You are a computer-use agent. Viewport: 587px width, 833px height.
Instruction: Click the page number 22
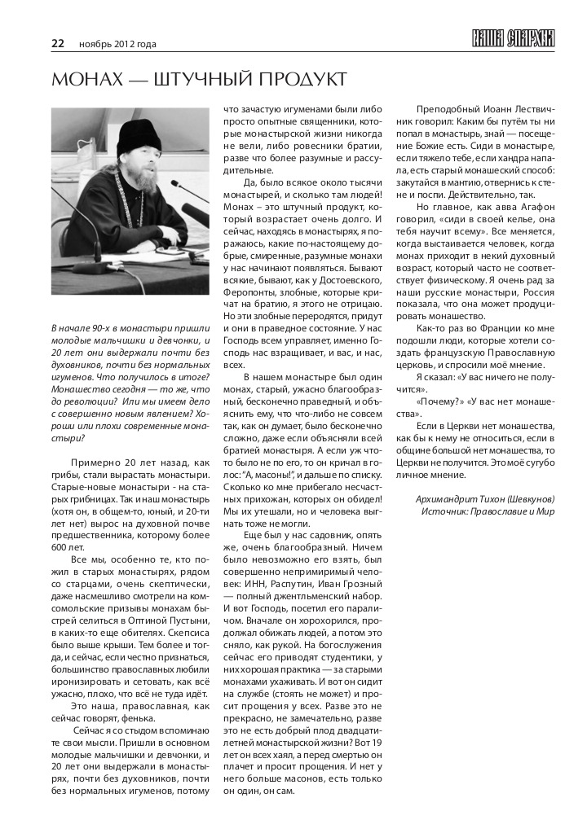click(x=58, y=43)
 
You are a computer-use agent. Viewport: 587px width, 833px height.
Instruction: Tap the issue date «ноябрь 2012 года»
click(x=117, y=44)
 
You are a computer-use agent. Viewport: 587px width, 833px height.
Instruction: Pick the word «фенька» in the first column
click(x=135, y=717)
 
